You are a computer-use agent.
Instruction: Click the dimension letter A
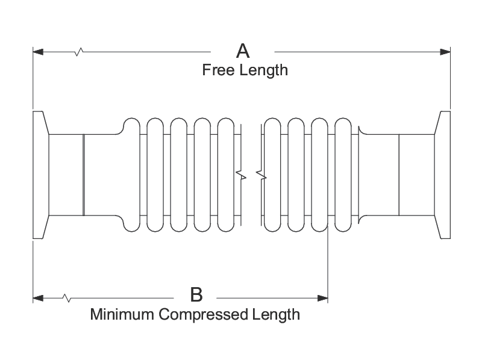(243, 51)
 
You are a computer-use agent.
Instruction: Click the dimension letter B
(196, 294)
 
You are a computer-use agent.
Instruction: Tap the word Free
(218, 70)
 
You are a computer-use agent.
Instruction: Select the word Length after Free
(264, 70)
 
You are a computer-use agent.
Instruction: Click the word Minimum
(122, 314)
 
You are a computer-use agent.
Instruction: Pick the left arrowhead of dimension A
(38, 52)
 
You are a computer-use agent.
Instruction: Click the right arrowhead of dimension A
(445, 52)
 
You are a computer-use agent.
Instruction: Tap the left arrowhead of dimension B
(38, 298)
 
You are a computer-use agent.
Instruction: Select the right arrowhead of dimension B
(322, 298)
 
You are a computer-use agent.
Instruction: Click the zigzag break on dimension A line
(79, 52)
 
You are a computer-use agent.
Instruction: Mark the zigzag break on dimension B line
(67, 298)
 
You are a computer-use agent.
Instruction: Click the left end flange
(41, 175)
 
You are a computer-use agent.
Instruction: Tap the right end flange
(442, 175)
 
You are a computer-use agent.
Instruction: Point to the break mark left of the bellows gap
(241, 175)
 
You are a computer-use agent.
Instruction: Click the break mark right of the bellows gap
(261, 175)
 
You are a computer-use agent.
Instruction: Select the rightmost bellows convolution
(343, 175)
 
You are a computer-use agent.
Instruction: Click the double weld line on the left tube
(84, 175)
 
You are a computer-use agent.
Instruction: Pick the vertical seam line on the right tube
(399, 175)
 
